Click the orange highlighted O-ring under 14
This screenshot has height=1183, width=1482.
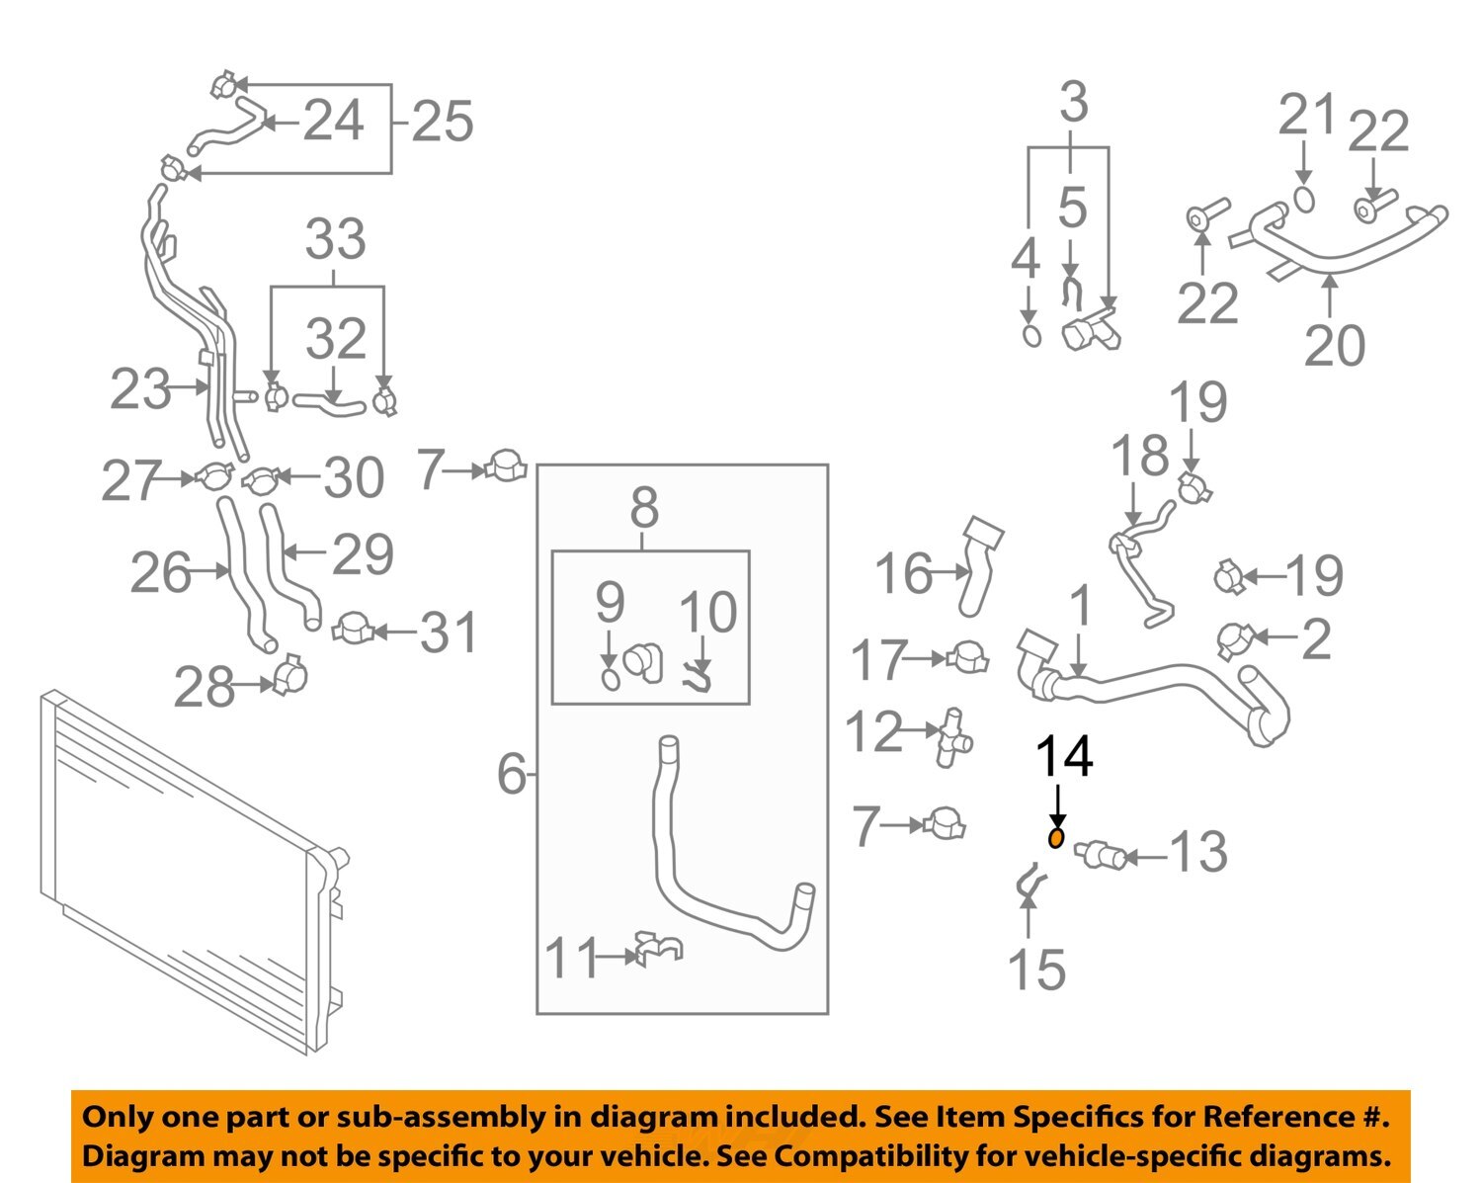[1056, 839]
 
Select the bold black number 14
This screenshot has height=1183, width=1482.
[1063, 757]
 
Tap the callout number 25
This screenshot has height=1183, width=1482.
[442, 123]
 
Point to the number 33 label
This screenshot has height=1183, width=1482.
[335, 240]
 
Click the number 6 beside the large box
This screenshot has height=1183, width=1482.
[512, 774]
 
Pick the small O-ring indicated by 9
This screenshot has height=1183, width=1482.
[611, 680]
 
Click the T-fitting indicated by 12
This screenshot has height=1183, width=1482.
[954, 737]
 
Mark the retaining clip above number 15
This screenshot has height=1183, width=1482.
[1029, 882]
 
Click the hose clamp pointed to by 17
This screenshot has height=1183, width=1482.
[967, 657]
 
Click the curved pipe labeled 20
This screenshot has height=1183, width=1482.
[1334, 247]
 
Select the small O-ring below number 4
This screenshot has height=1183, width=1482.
[1029, 335]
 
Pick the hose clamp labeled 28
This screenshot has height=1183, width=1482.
[289, 677]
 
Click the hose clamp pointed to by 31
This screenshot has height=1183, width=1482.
[352, 629]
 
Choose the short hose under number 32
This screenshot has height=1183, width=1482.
[329, 401]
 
